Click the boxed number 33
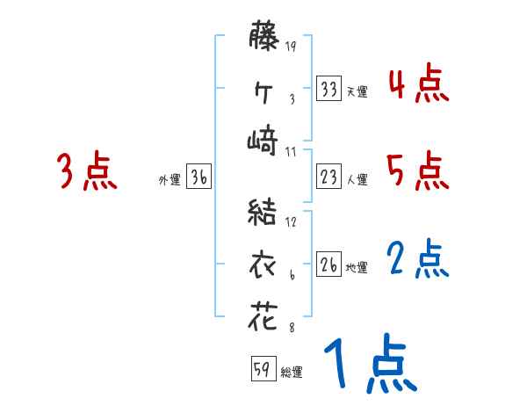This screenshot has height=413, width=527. [329, 89]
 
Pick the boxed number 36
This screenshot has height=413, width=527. [199, 178]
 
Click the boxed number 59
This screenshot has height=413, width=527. [262, 369]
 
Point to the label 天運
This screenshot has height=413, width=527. [357, 91]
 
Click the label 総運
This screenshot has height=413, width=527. [292, 372]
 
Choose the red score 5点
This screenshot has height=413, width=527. [418, 171]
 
